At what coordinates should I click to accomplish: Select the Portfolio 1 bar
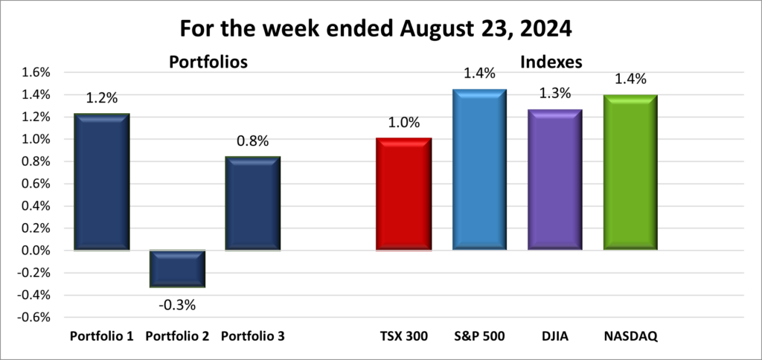pos(101,182)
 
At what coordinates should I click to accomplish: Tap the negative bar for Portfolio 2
pos(177,269)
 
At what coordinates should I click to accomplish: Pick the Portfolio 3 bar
pos(252,204)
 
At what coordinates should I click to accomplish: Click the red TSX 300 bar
pos(403,194)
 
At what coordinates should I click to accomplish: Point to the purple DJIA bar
pos(555,179)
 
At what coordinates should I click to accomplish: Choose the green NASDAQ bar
pos(631,173)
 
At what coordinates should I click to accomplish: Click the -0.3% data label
pos(177,303)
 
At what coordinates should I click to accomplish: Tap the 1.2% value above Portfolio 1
pos(102,97)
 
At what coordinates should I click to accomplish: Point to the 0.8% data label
pos(252,141)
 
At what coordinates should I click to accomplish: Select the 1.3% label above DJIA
pos(555,93)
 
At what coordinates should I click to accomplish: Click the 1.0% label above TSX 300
pos(403,122)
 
